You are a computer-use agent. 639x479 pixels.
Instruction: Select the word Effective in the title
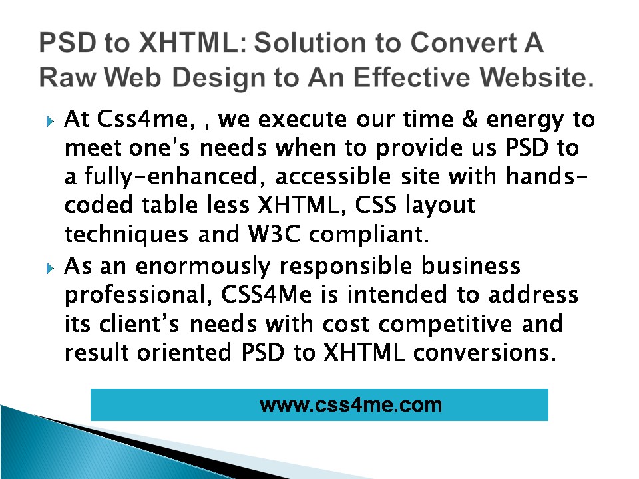(411, 77)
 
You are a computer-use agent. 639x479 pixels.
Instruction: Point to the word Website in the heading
(533, 77)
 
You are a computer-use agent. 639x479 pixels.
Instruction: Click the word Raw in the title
(68, 77)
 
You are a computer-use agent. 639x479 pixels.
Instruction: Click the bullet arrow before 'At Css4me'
(50, 121)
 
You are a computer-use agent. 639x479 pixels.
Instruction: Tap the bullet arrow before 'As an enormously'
(50, 268)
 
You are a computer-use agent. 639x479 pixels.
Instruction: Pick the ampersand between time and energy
(470, 119)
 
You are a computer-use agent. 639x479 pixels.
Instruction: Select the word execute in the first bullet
(302, 120)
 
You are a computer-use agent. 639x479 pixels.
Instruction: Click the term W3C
(274, 234)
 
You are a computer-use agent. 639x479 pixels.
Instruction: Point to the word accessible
(333, 176)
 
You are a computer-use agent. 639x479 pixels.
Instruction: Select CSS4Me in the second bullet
(267, 295)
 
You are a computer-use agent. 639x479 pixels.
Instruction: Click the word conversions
(485, 353)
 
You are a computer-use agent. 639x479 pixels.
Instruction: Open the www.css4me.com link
(351, 405)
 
